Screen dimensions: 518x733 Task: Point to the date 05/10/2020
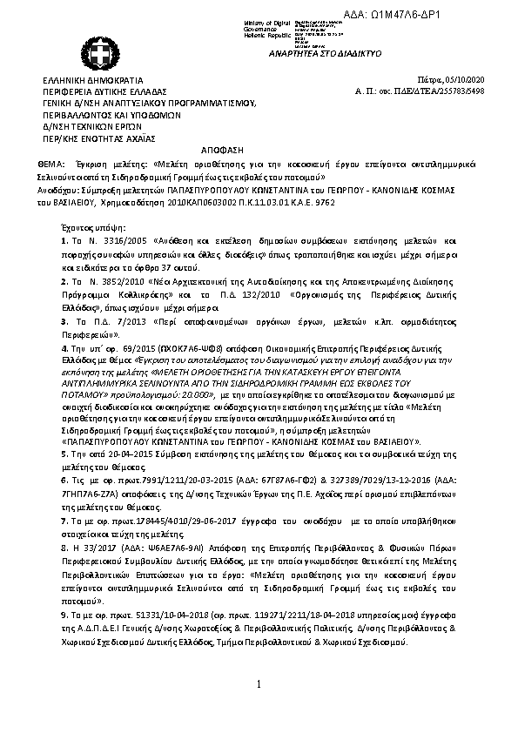(490, 79)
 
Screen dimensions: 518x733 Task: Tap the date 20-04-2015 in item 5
(111, 455)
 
